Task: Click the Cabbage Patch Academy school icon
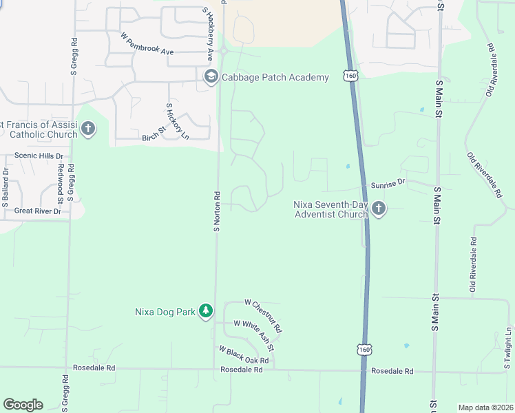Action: [x=211, y=77]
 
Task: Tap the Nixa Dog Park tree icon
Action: [x=205, y=312]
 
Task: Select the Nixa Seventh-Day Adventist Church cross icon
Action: [x=378, y=208]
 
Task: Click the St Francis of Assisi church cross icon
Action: [x=87, y=129]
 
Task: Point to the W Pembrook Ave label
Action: [x=147, y=43]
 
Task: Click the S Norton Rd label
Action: [x=216, y=211]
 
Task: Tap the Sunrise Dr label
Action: [x=389, y=183]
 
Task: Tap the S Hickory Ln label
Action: [x=177, y=121]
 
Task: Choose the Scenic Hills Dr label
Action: [x=39, y=156]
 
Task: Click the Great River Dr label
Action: [x=38, y=211]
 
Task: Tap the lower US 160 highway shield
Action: [x=364, y=350]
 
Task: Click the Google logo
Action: [x=23, y=405]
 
